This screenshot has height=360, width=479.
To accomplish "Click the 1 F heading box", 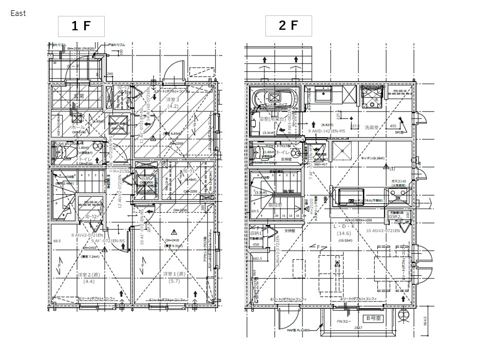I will click(81, 26).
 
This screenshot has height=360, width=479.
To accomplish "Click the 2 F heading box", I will click(288, 26).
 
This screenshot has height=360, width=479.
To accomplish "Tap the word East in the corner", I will click(18, 13).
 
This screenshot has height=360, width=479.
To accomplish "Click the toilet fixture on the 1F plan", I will click(60, 153).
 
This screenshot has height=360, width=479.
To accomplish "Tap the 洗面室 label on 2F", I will click(372, 126).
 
